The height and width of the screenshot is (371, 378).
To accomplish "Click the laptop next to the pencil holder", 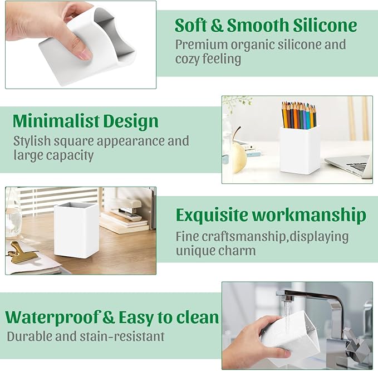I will [351, 166].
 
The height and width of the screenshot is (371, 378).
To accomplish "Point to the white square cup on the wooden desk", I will [77, 230].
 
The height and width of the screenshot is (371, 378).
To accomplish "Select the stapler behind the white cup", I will [129, 207].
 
